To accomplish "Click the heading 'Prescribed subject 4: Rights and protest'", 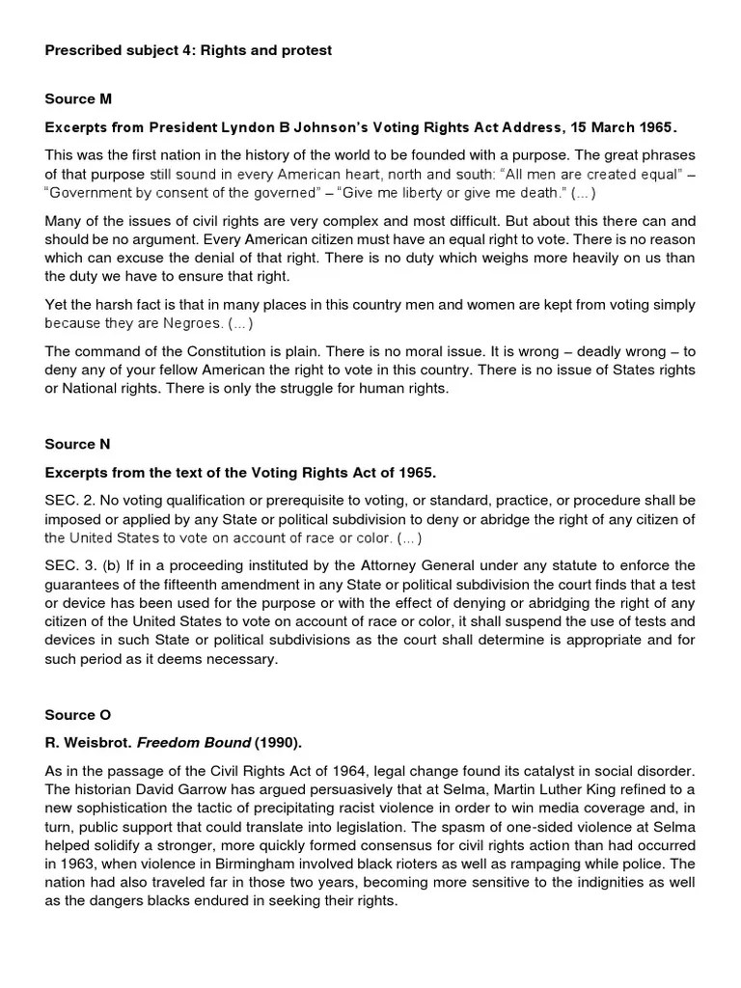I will [188, 50].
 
